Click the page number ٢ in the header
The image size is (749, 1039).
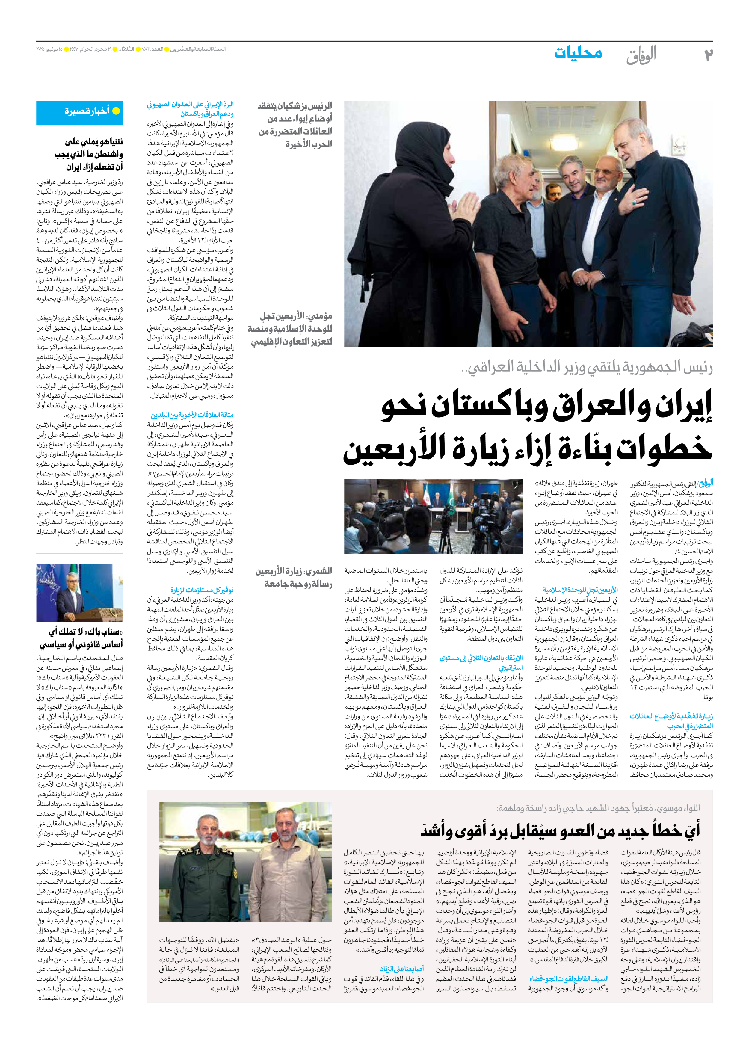click(708, 54)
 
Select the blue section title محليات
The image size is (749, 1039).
click(578, 53)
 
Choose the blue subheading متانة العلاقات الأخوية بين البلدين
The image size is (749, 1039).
click(192, 415)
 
